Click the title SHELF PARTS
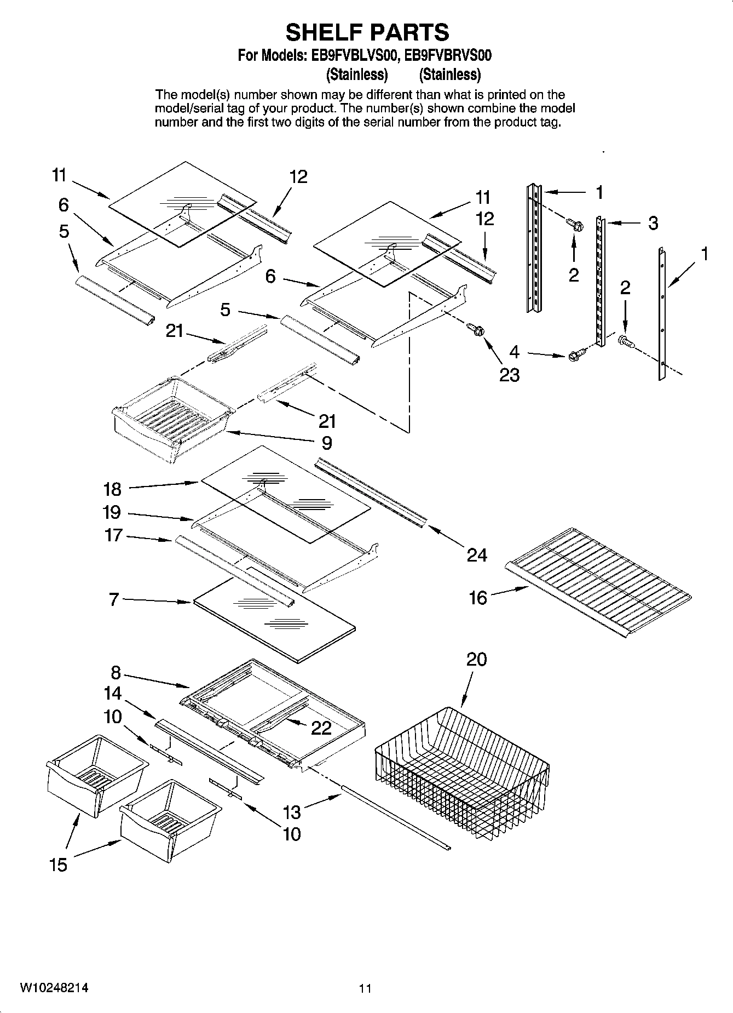coord(367,32)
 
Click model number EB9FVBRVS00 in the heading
coord(448,55)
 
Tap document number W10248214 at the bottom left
coord(54,988)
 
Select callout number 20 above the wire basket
coord(476,659)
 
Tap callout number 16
coord(477,598)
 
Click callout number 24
coord(477,555)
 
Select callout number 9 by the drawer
coord(326,443)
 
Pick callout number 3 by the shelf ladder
coord(653,224)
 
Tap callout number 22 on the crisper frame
coord(321,728)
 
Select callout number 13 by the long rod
coord(292,811)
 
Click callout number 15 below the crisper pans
coord(58,865)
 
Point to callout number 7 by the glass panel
coord(114,599)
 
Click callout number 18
coord(112,489)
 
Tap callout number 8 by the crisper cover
coord(116,672)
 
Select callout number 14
coord(112,694)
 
